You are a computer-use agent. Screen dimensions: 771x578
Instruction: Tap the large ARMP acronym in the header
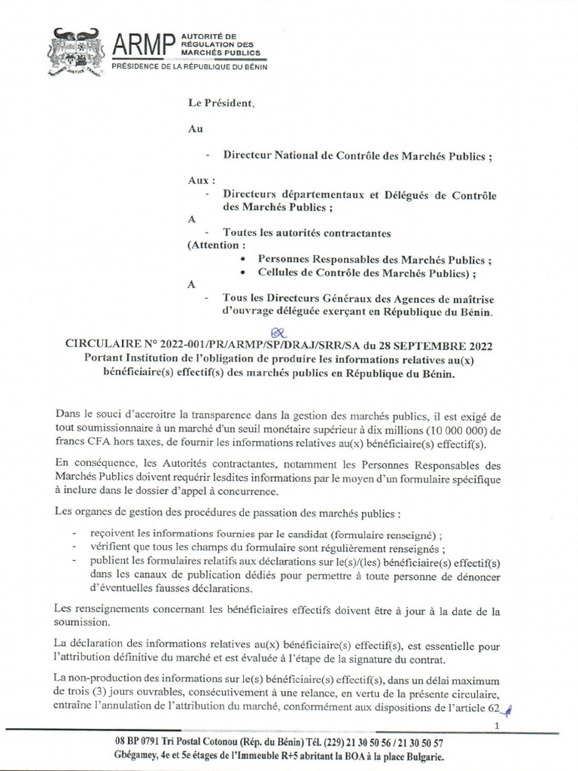point(143,47)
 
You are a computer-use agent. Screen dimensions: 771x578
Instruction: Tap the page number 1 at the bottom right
point(497,725)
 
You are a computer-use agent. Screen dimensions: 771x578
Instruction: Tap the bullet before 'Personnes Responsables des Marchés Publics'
point(242,259)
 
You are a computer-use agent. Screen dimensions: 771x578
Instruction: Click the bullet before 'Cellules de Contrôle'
point(242,272)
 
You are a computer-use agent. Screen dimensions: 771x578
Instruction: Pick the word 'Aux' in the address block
point(196,181)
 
